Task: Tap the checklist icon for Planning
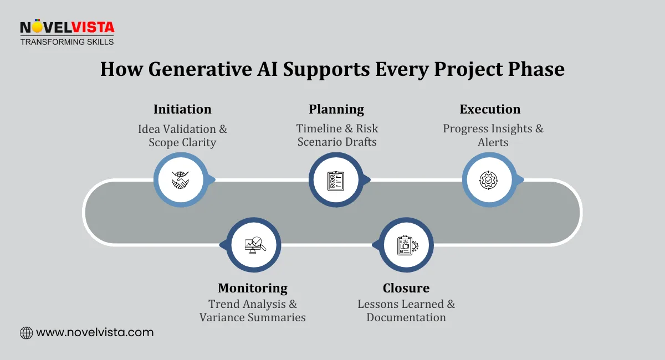(x=336, y=179)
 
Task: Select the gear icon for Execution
(x=489, y=179)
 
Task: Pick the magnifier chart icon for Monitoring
(x=254, y=245)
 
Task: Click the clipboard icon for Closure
(x=406, y=245)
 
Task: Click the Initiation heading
(x=182, y=109)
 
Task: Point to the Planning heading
(x=336, y=109)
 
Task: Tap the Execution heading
(x=490, y=109)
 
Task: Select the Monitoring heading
(x=253, y=288)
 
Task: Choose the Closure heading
(x=406, y=288)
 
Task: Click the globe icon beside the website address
(x=26, y=333)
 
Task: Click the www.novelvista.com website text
(x=95, y=333)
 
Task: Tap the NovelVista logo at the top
(x=66, y=27)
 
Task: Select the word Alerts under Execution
(x=493, y=142)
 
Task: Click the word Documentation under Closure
(x=406, y=318)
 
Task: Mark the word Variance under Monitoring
(x=221, y=318)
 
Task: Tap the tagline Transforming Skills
(x=66, y=42)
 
